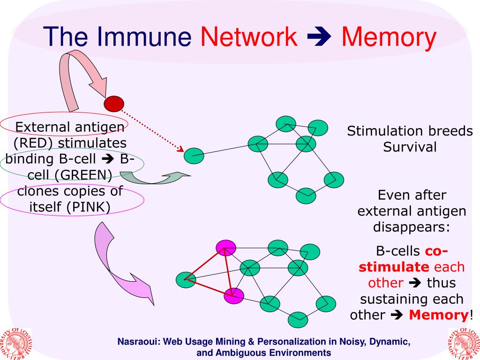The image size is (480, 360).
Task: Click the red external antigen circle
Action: coord(114,104)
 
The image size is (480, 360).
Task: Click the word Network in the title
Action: coord(248,37)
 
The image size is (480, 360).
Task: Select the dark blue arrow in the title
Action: coord(319,37)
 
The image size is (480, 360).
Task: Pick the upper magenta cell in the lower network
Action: coord(226,247)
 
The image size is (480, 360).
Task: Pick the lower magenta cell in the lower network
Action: coord(234,296)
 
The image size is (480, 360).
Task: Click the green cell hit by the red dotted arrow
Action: coord(194,156)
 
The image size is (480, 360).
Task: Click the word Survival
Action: coord(410,147)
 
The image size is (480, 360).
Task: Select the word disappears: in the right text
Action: coord(412,227)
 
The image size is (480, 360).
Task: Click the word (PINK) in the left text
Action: coord(88,207)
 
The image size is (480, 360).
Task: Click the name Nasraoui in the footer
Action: coord(138,342)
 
